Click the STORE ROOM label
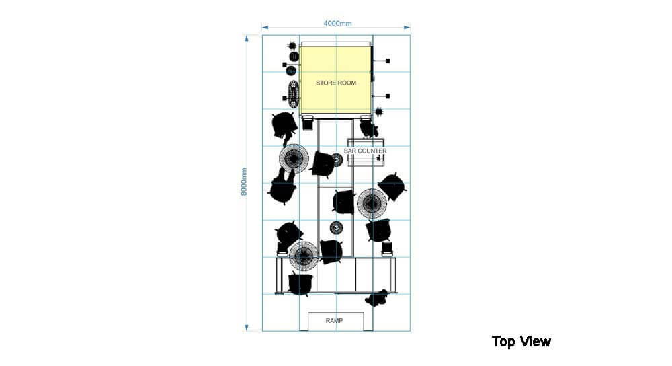pos(336,83)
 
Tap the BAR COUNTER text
pos(365,151)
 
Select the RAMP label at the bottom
pos(335,321)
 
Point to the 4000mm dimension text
pos(337,23)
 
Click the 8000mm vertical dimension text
pos(244,182)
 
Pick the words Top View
pos(521,342)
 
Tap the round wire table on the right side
pos(371,203)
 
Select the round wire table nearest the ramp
pos(303,256)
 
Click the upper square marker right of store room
pos(388,61)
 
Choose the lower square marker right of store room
pos(388,96)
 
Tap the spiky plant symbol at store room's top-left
pos(292,46)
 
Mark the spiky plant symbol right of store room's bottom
pos(379,111)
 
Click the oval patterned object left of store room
pos(294,92)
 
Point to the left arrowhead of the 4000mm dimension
pos(265,28)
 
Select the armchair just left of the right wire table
pos(343,201)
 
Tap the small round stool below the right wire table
pos(337,227)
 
